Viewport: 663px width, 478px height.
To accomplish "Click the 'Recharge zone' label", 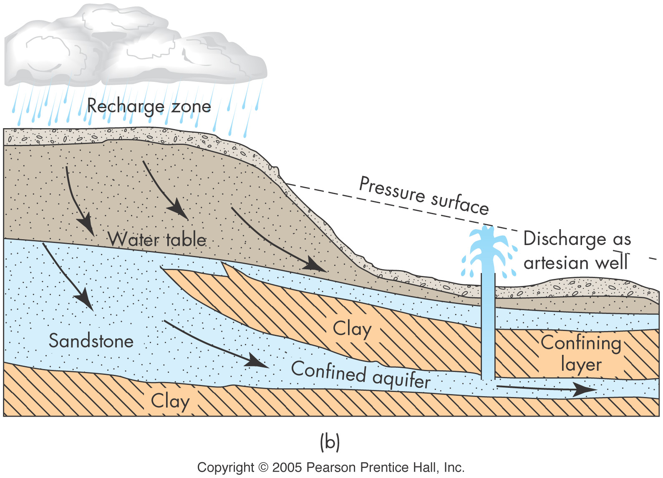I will pos(149,106).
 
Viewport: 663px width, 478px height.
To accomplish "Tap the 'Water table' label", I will pos(157,239).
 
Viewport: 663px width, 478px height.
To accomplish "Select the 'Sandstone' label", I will pos(91,341).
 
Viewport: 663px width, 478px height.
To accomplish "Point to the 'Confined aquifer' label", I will pos(360,374).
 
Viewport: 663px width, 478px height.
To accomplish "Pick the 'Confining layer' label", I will pos(581,353).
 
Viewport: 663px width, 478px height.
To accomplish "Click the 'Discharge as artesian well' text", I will pos(577,250).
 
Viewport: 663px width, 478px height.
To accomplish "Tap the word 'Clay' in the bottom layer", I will pos(170,401).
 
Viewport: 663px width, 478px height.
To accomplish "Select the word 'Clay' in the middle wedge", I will pos(352,329).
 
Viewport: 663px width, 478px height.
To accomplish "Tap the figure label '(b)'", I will pos(330,442).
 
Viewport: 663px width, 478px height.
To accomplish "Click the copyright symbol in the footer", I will pos(263,467).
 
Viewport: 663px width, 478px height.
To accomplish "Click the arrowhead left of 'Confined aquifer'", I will pos(256,361).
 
